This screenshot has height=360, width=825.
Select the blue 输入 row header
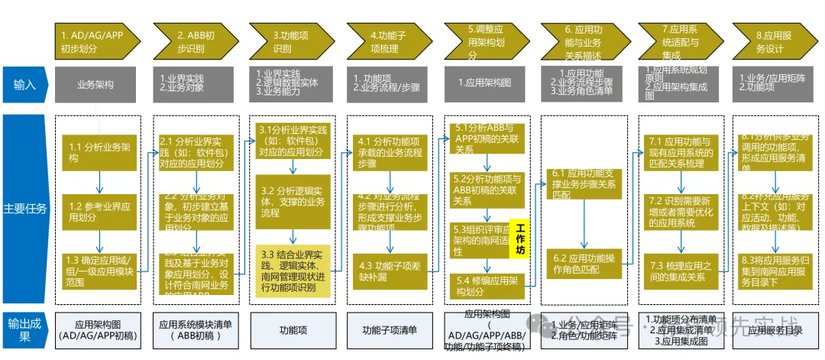tap(24, 85)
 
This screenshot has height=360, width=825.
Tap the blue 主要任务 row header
tap(24, 208)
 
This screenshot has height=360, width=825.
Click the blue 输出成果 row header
tap(24, 330)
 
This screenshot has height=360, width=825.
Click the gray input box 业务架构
tap(95, 85)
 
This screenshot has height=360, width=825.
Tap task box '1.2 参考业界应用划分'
tap(97, 212)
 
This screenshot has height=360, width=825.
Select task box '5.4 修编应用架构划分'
tap(487, 285)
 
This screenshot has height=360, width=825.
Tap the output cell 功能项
tap(293, 330)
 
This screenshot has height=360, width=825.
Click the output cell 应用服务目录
tap(775, 330)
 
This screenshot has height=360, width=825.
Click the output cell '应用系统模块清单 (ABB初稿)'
tap(196, 330)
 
